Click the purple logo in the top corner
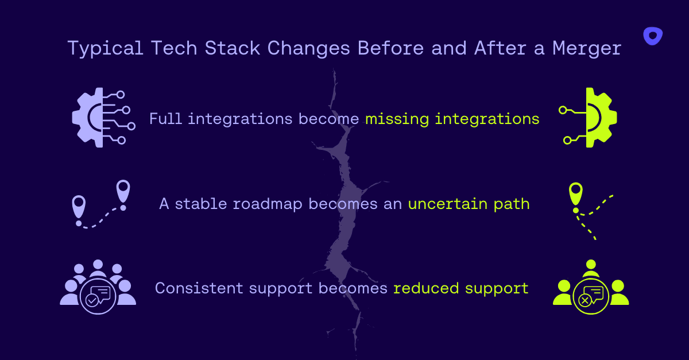point(652,36)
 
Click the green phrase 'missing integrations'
point(452,119)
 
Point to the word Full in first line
point(165,119)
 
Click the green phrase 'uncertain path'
point(469,204)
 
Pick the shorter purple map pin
point(79,207)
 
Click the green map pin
point(575,194)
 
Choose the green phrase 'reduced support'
point(460,288)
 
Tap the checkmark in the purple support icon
point(91,300)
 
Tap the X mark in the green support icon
point(585,300)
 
